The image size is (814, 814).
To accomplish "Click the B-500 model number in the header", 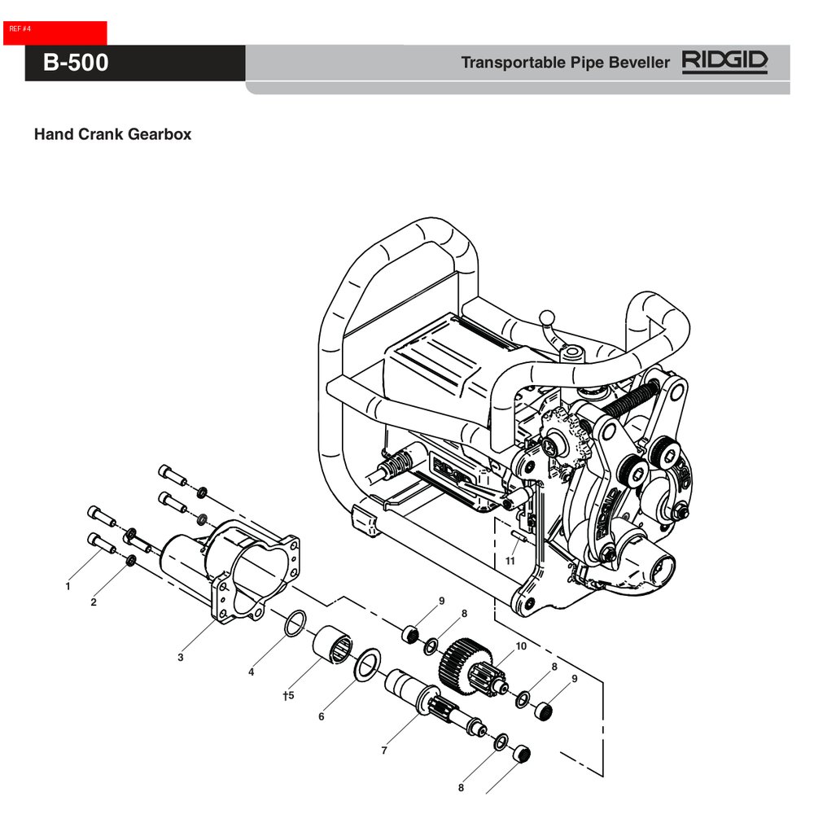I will [x=76, y=63].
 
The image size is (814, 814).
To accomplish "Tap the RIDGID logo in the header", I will [x=724, y=62].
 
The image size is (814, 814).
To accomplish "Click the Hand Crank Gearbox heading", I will [x=112, y=134].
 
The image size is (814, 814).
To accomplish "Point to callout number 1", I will [x=68, y=586].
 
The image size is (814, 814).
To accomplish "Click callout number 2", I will [x=94, y=602].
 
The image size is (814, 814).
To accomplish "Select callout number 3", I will [x=181, y=657].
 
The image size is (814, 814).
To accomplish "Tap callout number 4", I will [x=252, y=672].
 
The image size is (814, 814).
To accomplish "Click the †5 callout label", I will [x=287, y=696].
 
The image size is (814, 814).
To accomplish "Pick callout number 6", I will [x=322, y=717].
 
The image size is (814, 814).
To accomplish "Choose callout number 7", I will [x=384, y=751].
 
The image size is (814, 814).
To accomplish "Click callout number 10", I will [x=521, y=646].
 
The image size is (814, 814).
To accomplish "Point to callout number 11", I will [x=510, y=561].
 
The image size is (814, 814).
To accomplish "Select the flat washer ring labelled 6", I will [x=368, y=663].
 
